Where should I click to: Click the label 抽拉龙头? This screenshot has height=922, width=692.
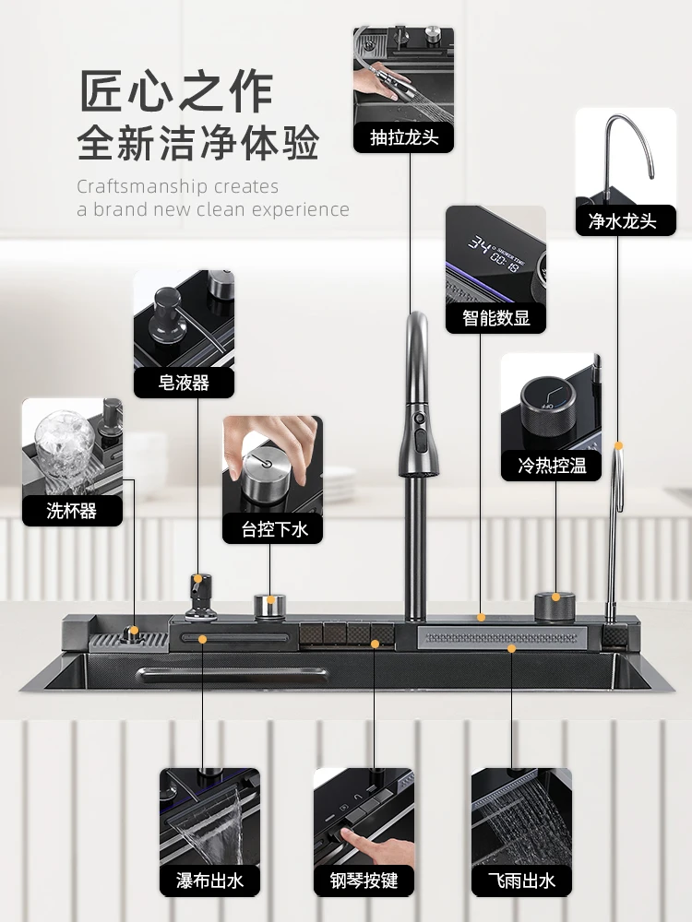[x=403, y=137]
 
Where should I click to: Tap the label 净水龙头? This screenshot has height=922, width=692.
[x=626, y=220]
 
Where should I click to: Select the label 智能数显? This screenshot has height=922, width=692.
[x=495, y=318]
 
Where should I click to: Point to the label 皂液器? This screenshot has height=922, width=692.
[x=184, y=383]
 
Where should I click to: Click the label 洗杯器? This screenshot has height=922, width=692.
[x=72, y=510]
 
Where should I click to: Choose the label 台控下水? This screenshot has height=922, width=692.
[x=272, y=528]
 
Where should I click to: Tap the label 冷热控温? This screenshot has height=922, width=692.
[x=551, y=466]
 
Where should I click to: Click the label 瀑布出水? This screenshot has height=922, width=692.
[x=209, y=881]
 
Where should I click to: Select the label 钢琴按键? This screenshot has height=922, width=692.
[x=363, y=881]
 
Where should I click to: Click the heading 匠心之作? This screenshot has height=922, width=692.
[x=175, y=92]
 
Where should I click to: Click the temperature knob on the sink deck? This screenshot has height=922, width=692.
[x=555, y=606]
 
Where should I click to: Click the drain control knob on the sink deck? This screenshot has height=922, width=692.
[x=270, y=605]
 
